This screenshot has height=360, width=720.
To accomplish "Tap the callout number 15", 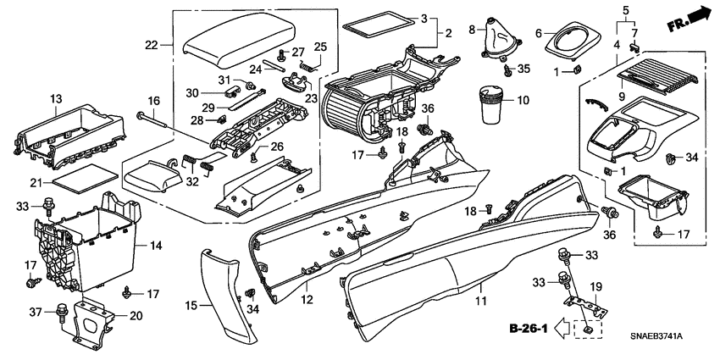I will (191, 304).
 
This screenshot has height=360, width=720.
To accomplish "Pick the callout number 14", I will (155, 245).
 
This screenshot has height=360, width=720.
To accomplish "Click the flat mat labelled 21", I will (85, 178).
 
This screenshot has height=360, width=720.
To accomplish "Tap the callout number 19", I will (595, 286).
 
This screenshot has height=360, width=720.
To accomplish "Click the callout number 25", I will (320, 46).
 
